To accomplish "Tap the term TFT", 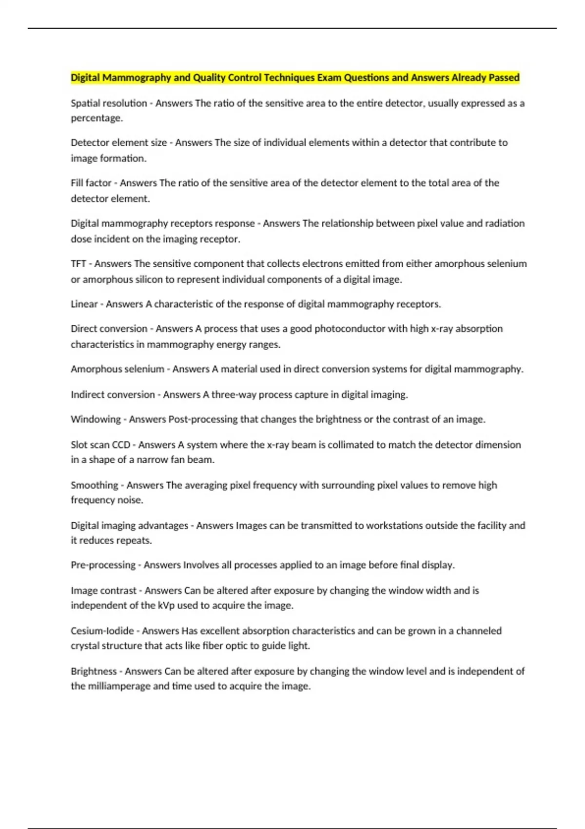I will [78, 264].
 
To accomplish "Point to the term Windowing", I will [96, 419].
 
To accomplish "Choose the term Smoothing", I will [94, 485].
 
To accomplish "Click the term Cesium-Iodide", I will [102, 631].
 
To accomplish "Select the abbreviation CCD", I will [121, 445].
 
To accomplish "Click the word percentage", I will [96, 118].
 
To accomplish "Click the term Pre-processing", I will [103, 565].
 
